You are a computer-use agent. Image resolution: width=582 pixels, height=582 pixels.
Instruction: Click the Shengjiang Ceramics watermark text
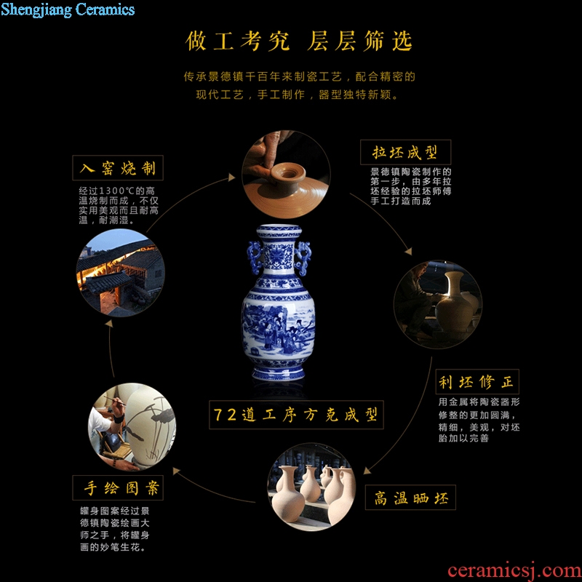[x=68, y=9]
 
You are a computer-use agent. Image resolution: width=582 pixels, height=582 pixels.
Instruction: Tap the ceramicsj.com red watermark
[x=514, y=570]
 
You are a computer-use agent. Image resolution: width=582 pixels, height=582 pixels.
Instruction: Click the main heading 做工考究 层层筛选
[x=299, y=41]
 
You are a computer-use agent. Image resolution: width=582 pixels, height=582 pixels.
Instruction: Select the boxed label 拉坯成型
[x=405, y=152]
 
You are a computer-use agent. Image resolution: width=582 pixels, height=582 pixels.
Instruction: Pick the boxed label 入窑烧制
[x=118, y=168]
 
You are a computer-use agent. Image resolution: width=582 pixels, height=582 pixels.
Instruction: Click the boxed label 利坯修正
[x=477, y=381]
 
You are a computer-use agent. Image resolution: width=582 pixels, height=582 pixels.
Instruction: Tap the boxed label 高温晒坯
[x=410, y=498]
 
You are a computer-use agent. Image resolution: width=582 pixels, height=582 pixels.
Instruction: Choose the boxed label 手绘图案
[x=118, y=487]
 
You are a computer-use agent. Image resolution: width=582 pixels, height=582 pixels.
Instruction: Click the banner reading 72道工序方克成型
[x=296, y=415]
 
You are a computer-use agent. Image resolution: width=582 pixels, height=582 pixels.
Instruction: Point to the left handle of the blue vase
[x=255, y=257]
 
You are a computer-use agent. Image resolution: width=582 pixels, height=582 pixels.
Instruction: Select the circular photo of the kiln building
[x=121, y=273]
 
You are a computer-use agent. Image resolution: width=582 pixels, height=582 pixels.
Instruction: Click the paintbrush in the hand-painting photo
[x=114, y=401]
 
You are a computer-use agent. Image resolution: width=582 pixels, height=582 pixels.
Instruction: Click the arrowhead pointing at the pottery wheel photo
[x=232, y=177]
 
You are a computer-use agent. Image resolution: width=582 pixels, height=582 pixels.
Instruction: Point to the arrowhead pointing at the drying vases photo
[x=367, y=471]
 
